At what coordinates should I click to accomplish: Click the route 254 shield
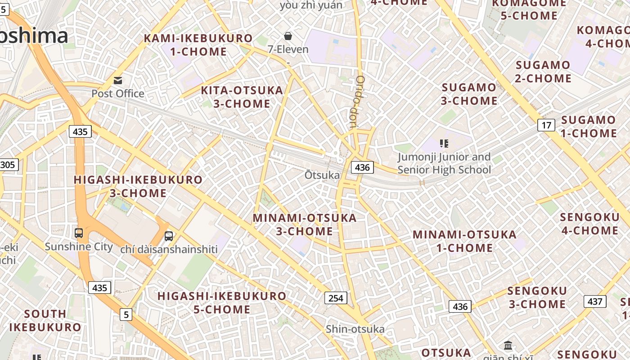click(336, 297)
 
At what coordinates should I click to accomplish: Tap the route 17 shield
click(546, 125)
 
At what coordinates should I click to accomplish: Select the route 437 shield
click(595, 301)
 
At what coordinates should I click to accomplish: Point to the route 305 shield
click(8, 165)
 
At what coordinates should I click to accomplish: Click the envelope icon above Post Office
click(118, 81)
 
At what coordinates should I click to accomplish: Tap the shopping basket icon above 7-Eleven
click(288, 36)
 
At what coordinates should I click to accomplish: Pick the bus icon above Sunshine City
click(79, 233)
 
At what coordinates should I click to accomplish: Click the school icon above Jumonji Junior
click(444, 144)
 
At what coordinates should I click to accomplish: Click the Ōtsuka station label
click(322, 175)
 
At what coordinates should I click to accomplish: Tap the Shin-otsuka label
click(355, 329)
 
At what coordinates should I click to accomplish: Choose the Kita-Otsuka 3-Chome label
click(242, 97)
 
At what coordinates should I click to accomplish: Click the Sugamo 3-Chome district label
click(469, 94)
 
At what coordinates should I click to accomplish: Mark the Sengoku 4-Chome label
click(589, 224)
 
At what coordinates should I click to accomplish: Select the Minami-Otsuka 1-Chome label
click(464, 241)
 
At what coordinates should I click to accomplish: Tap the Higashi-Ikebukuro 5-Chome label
click(222, 302)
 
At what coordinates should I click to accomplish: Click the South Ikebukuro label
click(45, 320)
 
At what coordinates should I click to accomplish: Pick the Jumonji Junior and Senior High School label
click(444, 163)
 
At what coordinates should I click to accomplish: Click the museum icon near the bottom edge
click(508, 345)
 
